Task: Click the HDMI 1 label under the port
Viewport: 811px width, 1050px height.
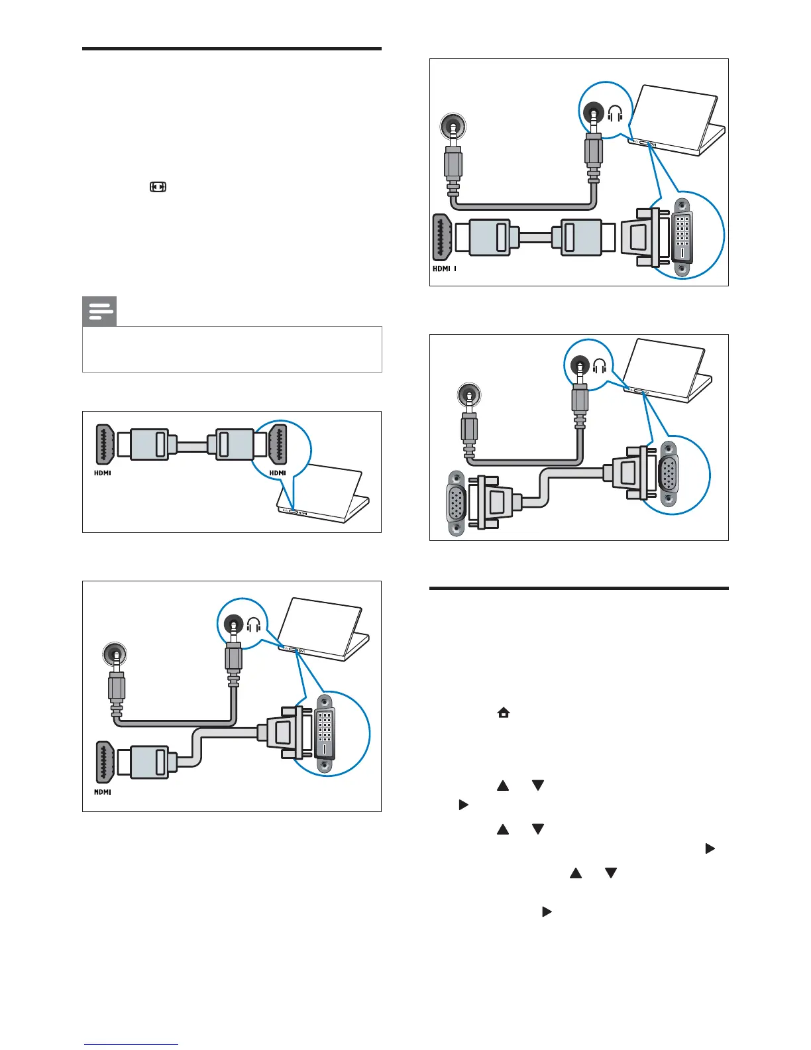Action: pyautogui.click(x=444, y=269)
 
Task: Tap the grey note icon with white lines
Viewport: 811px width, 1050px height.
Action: pyautogui.click(x=99, y=311)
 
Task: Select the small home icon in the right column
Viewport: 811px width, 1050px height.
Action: pyautogui.click(x=504, y=713)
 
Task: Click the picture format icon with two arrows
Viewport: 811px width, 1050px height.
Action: pyautogui.click(x=158, y=187)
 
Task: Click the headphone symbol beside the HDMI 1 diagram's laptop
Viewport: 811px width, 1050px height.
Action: pyautogui.click(x=615, y=113)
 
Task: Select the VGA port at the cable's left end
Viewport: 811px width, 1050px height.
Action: pyautogui.click(x=456, y=503)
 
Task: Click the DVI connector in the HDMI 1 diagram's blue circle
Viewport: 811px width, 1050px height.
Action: pyautogui.click(x=682, y=237)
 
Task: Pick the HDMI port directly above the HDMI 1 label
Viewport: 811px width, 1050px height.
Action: pyautogui.click(x=443, y=237)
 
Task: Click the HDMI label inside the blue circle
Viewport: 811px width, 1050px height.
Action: pyautogui.click(x=278, y=473)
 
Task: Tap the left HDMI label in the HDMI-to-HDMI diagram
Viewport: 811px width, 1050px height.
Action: pyautogui.click(x=102, y=473)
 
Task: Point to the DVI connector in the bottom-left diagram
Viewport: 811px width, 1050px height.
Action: pyautogui.click(x=324, y=733)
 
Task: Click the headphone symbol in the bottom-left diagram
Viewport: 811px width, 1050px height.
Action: pyautogui.click(x=254, y=624)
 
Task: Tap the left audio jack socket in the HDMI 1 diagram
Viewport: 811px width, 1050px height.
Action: pyautogui.click(x=453, y=126)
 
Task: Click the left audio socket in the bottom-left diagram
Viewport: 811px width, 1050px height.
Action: pyautogui.click(x=116, y=654)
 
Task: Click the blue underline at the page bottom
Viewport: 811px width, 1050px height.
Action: pyautogui.click(x=131, y=1045)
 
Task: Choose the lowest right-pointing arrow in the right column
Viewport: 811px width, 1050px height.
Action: pyautogui.click(x=546, y=911)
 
